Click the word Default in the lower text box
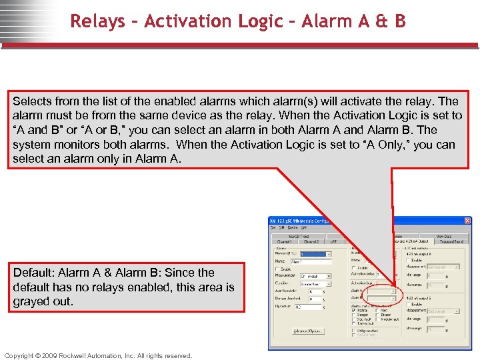(33, 273)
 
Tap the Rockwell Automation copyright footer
(98, 355)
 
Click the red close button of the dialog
(467, 221)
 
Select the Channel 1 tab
(285, 241)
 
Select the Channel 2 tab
(312, 241)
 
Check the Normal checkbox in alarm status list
(354, 309)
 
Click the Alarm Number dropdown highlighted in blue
(315, 254)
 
